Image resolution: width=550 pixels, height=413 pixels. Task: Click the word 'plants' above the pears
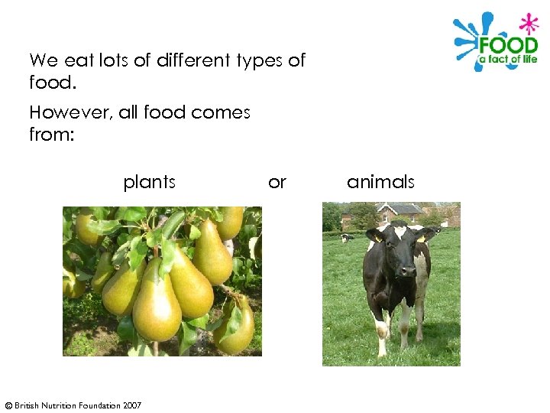coord(149,182)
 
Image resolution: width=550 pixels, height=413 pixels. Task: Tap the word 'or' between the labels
coord(277,182)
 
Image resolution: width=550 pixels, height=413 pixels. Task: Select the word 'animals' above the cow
coord(380,182)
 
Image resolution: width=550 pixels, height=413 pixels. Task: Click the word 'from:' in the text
coord(50,134)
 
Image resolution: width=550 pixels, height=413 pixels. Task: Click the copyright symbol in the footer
coord(8,405)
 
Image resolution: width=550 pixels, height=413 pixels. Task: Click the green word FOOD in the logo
coord(508,44)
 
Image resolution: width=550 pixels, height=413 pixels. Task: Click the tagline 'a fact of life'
coord(508,60)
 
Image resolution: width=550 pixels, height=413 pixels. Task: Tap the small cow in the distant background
coord(346,238)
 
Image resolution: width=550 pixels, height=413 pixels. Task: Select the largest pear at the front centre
coord(157,310)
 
